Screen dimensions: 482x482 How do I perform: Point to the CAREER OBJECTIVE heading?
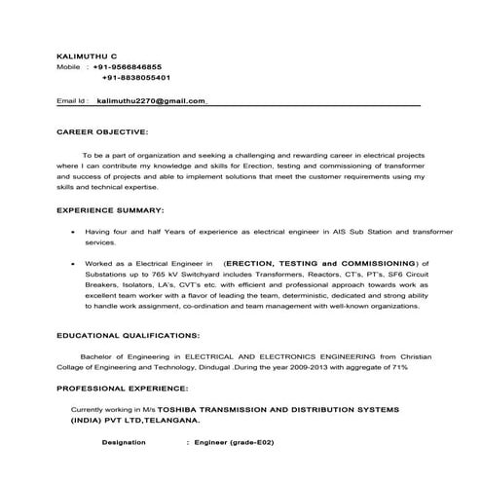tap(102, 130)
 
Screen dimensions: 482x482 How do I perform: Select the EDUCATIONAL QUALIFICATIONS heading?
tap(128, 335)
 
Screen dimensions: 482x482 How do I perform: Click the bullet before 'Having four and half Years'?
tap(74, 234)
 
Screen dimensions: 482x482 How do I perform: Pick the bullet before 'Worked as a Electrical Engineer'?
tap(74, 264)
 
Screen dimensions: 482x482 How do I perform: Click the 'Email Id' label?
tap(73, 100)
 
